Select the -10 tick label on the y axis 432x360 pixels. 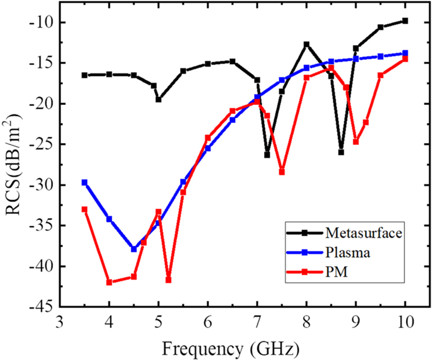pyautogui.click(x=42, y=23)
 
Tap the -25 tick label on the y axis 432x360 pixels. pyautogui.click(x=42, y=144)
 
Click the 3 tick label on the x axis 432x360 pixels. pyautogui.click(x=60, y=323)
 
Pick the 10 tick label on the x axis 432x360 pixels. pyautogui.click(x=405, y=323)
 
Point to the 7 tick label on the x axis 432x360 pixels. pyautogui.click(x=257, y=323)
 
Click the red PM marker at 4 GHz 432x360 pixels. pyautogui.click(x=109, y=282)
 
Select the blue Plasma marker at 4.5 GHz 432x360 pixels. pyautogui.click(x=134, y=249)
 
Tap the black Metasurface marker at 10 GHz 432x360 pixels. pyautogui.click(x=405, y=20)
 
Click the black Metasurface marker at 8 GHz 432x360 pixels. pyautogui.click(x=307, y=44)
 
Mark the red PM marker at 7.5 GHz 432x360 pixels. pyautogui.click(x=282, y=172)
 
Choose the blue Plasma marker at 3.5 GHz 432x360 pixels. pyautogui.click(x=85, y=182)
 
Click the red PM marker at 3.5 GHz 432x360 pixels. pyautogui.click(x=85, y=209)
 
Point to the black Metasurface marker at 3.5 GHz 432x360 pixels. pyautogui.click(x=85, y=75)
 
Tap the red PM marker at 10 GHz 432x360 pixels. pyautogui.click(x=405, y=59)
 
